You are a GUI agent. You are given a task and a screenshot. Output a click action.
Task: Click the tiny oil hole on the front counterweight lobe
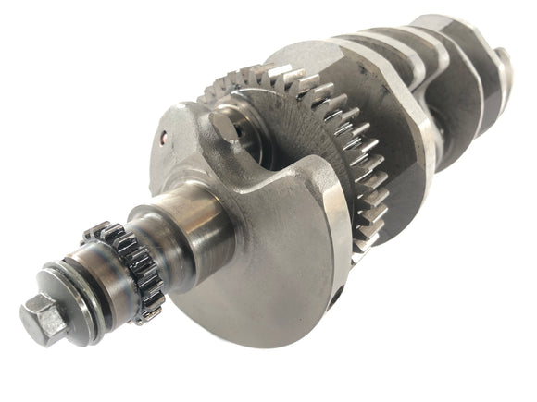coord(164,141)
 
